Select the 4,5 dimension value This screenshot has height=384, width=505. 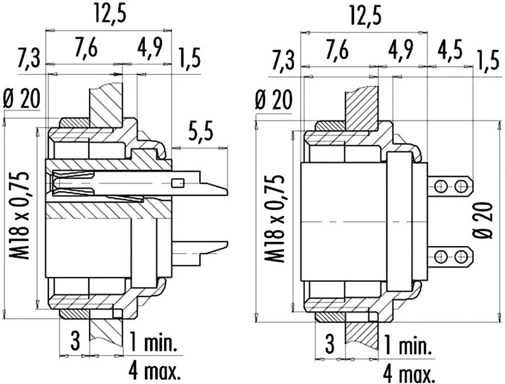tap(450, 50)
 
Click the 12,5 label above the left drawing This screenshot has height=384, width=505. tap(110, 14)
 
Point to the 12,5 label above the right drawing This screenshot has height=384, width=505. tap(366, 16)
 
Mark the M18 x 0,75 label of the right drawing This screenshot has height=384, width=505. tap(274, 219)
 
